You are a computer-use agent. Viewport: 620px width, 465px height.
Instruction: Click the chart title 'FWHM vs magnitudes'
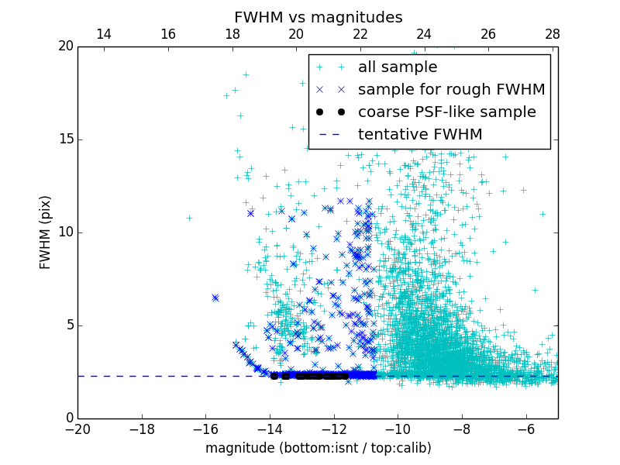click(318, 17)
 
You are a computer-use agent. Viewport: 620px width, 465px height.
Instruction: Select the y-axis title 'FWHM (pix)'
click(46, 232)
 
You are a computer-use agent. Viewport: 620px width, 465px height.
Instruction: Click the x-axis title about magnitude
click(318, 448)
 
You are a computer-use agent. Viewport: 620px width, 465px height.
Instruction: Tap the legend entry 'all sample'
click(398, 67)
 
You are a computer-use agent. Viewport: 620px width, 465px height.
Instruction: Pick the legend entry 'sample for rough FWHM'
click(451, 90)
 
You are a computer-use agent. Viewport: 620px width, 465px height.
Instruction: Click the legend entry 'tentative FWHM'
click(420, 134)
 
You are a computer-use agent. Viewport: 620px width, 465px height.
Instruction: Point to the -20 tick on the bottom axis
click(77, 429)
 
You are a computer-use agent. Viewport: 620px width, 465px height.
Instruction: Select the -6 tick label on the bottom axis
click(525, 429)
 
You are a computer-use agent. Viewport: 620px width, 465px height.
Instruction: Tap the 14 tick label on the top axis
click(103, 34)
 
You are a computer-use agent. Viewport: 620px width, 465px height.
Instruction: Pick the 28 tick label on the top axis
click(552, 34)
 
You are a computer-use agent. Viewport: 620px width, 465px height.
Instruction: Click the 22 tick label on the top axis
click(360, 34)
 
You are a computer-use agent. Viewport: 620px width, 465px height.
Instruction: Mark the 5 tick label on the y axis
click(69, 325)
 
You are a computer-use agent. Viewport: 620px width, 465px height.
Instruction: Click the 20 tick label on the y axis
click(65, 46)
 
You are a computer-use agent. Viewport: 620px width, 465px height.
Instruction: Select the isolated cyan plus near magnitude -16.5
click(189, 218)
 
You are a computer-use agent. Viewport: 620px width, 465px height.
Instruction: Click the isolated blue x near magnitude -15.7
click(215, 298)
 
